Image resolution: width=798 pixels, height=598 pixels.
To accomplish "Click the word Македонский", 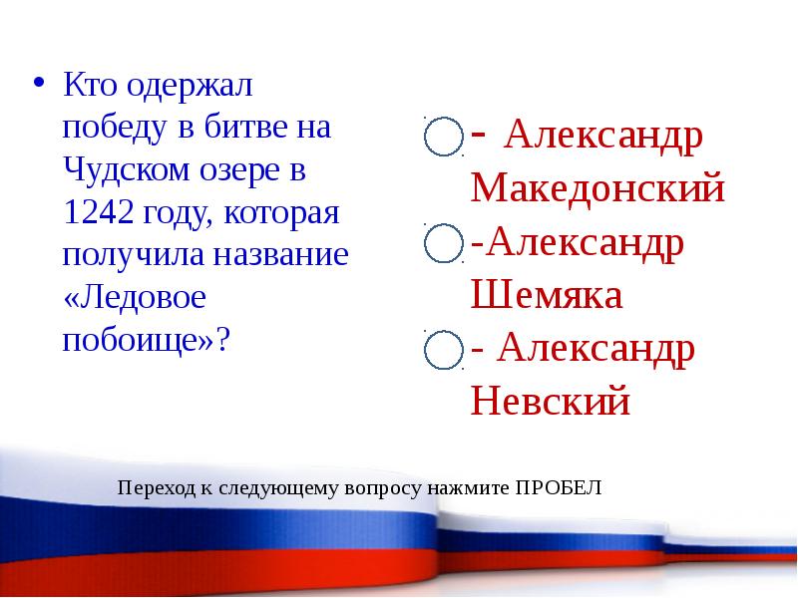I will [598, 188].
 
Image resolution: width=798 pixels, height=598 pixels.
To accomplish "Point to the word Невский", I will [551, 402].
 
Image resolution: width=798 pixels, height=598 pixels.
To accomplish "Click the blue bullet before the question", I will [39, 82].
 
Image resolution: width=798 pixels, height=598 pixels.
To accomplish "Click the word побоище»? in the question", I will [146, 340].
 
